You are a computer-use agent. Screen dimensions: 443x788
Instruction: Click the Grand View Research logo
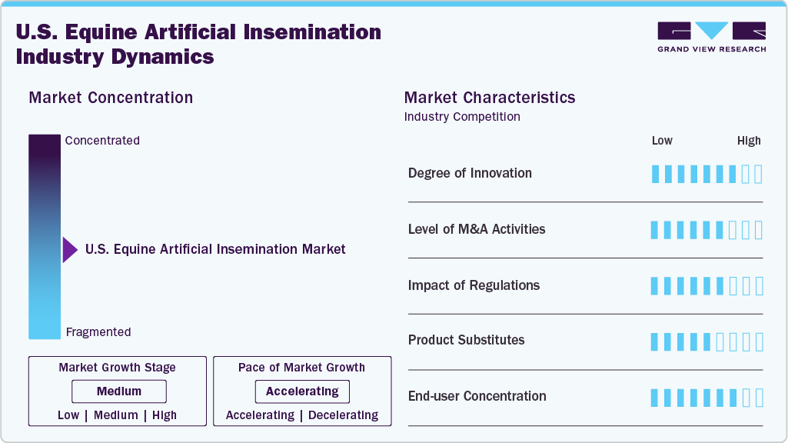pos(711,37)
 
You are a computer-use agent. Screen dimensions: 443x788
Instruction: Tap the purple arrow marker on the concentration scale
pos(70,249)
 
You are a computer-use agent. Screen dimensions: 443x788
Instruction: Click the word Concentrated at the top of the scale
pos(102,141)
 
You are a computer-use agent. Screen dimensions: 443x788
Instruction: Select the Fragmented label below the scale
pos(98,332)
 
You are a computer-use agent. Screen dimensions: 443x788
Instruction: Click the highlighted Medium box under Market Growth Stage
pos(119,391)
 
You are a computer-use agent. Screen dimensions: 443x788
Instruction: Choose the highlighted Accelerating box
pos(302,391)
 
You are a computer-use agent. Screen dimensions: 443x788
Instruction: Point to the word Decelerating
pos(343,415)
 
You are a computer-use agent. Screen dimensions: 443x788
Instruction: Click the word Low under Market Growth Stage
pos(68,415)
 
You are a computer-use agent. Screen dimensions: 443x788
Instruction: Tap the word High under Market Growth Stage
pos(164,415)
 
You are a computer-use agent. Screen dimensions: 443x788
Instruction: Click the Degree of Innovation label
pos(470,173)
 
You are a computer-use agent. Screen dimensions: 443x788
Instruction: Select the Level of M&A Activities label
pos(477,229)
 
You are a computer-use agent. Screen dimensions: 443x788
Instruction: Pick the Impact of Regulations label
pos(474,285)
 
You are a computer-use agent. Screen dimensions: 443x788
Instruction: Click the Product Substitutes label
pos(466,340)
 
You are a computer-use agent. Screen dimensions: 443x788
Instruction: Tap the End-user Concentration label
pos(477,396)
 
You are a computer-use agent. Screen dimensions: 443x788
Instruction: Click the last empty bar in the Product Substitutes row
pos(759,341)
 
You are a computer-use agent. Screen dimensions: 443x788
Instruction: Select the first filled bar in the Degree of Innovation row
pos(656,174)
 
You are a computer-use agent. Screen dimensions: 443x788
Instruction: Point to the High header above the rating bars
pos(749,141)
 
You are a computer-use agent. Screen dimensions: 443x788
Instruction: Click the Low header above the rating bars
pos(662,141)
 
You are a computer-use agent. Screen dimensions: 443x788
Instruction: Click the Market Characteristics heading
pos(490,98)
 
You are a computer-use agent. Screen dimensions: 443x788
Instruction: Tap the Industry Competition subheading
pos(462,117)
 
